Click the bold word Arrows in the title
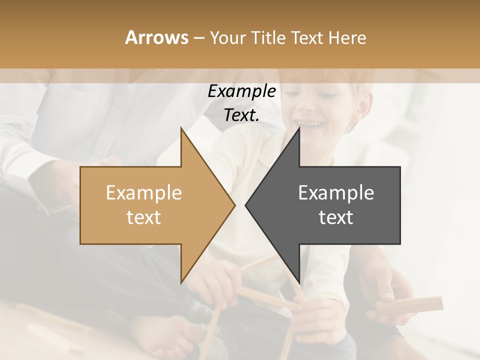[156, 37]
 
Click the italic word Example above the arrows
[241, 91]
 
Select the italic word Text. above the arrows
[241, 115]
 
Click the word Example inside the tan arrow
[144, 192]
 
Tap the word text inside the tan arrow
[144, 217]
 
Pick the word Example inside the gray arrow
[336, 192]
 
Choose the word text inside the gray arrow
[336, 217]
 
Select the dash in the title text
[198, 38]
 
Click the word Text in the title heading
[307, 38]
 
